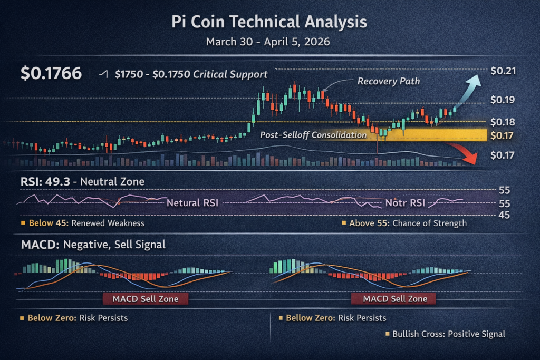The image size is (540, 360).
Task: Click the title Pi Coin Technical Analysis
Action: pyautogui.click(x=269, y=22)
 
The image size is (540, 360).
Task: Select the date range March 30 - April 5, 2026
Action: pyautogui.click(x=269, y=42)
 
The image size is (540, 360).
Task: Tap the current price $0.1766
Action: pyautogui.click(x=51, y=74)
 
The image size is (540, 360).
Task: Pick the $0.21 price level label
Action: pyautogui.click(x=502, y=71)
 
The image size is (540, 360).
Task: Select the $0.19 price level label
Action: pyautogui.click(x=502, y=100)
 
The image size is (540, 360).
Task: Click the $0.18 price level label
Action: pyautogui.click(x=502, y=122)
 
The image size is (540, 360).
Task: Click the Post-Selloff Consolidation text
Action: pyautogui.click(x=313, y=135)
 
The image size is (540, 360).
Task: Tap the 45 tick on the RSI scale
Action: pyautogui.click(x=504, y=215)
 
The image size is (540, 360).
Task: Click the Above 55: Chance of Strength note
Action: pyautogui.click(x=404, y=223)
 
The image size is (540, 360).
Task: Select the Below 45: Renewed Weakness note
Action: pyautogui.click(x=82, y=223)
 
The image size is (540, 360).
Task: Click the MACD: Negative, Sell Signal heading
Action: pyautogui.click(x=93, y=245)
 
